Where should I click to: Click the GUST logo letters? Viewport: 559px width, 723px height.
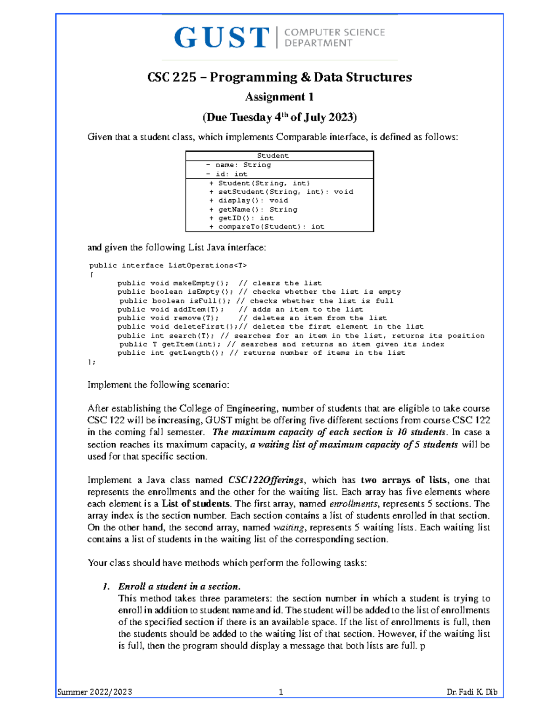coord(222,38)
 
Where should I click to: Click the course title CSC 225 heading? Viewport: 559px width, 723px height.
coord(279,77)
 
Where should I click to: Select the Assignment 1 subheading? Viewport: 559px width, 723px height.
coord(279,97)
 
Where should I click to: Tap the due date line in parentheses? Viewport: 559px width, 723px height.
coord(279,117)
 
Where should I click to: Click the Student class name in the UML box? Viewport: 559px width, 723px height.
coord(273,155)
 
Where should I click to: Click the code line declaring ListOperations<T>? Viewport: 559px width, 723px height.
coord(168,265)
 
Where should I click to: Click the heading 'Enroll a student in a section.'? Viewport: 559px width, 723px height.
coord(179,586)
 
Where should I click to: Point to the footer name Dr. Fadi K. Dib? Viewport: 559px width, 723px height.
coord(471,692)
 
